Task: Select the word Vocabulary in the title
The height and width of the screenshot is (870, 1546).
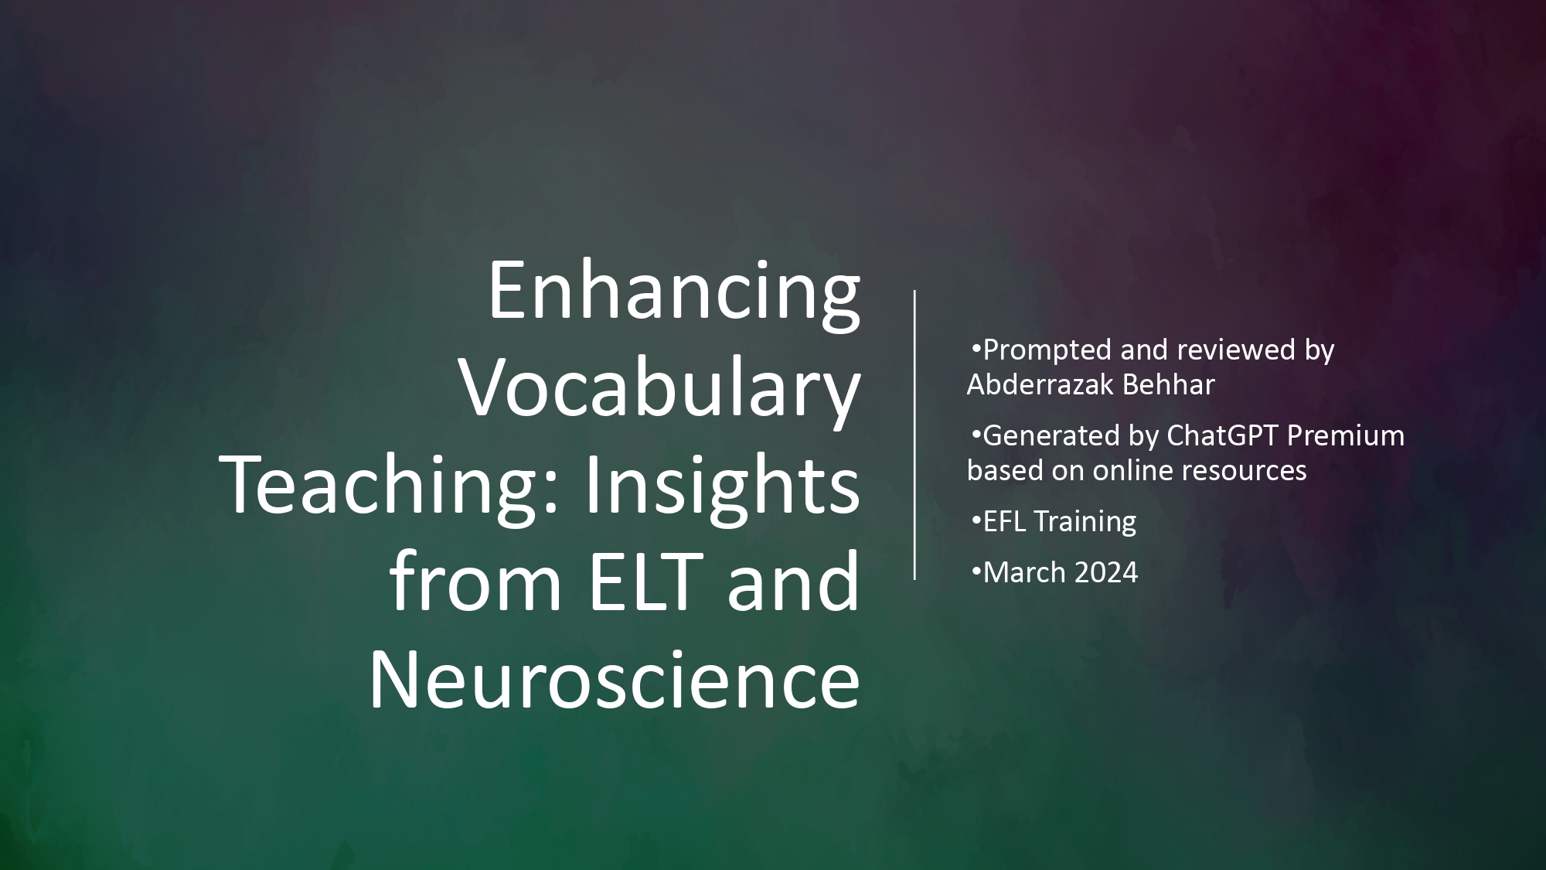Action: (x=661, y=391)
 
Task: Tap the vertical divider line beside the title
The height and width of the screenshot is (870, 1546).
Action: (x=915, y=435)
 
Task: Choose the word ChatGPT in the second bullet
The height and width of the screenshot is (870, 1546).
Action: (x=1221, y=435)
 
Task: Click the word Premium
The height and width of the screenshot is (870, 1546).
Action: (x=1346, y=435)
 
